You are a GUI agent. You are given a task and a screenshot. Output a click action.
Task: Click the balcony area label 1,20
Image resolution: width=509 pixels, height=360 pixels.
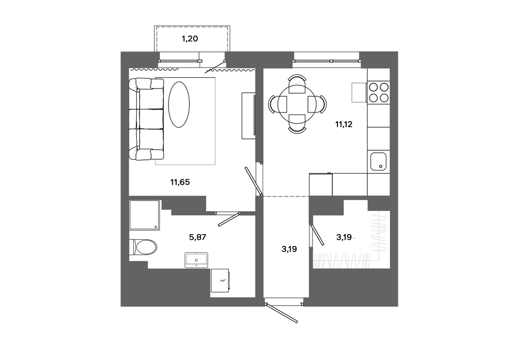189,39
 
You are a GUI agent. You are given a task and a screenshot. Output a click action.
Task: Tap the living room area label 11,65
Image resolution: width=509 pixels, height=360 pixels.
180,182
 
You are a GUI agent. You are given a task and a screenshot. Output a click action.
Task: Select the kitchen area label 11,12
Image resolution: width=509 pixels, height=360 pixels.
344,124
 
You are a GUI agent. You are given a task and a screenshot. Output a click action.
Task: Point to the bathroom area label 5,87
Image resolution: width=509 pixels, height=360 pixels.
197,237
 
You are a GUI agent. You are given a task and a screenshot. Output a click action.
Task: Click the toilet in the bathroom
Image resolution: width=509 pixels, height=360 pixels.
143,247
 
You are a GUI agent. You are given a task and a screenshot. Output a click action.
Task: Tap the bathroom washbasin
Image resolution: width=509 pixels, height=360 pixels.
196,260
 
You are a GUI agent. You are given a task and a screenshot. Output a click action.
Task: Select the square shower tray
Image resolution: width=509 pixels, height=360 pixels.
145,215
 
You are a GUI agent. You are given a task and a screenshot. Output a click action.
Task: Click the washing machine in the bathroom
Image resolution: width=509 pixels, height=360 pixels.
221,281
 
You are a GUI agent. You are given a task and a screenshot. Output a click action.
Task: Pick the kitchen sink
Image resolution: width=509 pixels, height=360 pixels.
378,161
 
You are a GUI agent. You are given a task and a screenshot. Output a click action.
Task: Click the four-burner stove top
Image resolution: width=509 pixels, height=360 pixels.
379,92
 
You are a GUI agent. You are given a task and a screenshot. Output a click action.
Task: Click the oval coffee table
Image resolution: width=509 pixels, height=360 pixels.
179,104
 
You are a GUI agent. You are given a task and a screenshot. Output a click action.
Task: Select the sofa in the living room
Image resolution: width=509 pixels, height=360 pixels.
146,119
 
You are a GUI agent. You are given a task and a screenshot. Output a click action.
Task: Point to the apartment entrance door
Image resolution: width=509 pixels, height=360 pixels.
281,313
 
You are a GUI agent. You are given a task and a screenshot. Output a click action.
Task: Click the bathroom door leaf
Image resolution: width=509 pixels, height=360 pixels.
229,219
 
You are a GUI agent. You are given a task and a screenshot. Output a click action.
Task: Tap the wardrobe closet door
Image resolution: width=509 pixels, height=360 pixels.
317,234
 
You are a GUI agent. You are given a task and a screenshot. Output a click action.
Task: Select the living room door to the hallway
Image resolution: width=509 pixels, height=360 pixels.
253,181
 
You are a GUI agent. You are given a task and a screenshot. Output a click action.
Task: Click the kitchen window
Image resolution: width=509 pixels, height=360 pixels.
327,61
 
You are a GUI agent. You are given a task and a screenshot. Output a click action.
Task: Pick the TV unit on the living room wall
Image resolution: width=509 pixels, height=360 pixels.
248,116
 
